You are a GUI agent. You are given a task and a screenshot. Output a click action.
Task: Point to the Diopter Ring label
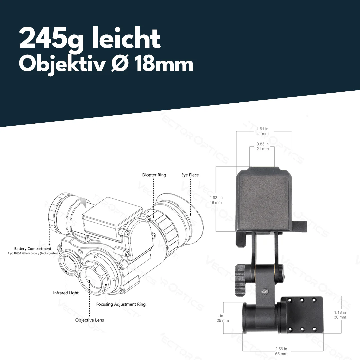tap(154, 175)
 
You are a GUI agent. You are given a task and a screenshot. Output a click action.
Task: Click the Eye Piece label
tap(190, 175)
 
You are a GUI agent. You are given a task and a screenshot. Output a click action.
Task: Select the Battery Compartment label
tap(33, 249)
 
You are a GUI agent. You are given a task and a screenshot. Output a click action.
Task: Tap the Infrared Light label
tap(66, 293)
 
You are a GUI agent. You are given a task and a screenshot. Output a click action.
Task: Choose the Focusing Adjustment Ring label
tap(121, 304)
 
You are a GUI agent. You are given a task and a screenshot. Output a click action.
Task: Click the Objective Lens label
tap(89, 320)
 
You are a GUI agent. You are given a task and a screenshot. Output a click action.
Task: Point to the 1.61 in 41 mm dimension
tap(262, 131)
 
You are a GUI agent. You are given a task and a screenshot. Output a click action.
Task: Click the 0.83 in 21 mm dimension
tap(262, 146)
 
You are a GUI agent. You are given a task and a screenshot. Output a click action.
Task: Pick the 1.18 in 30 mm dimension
tap(340, 315)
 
